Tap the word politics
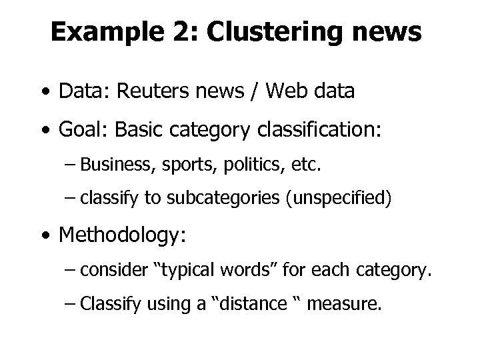point(237,164)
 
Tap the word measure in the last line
point(347,305)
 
